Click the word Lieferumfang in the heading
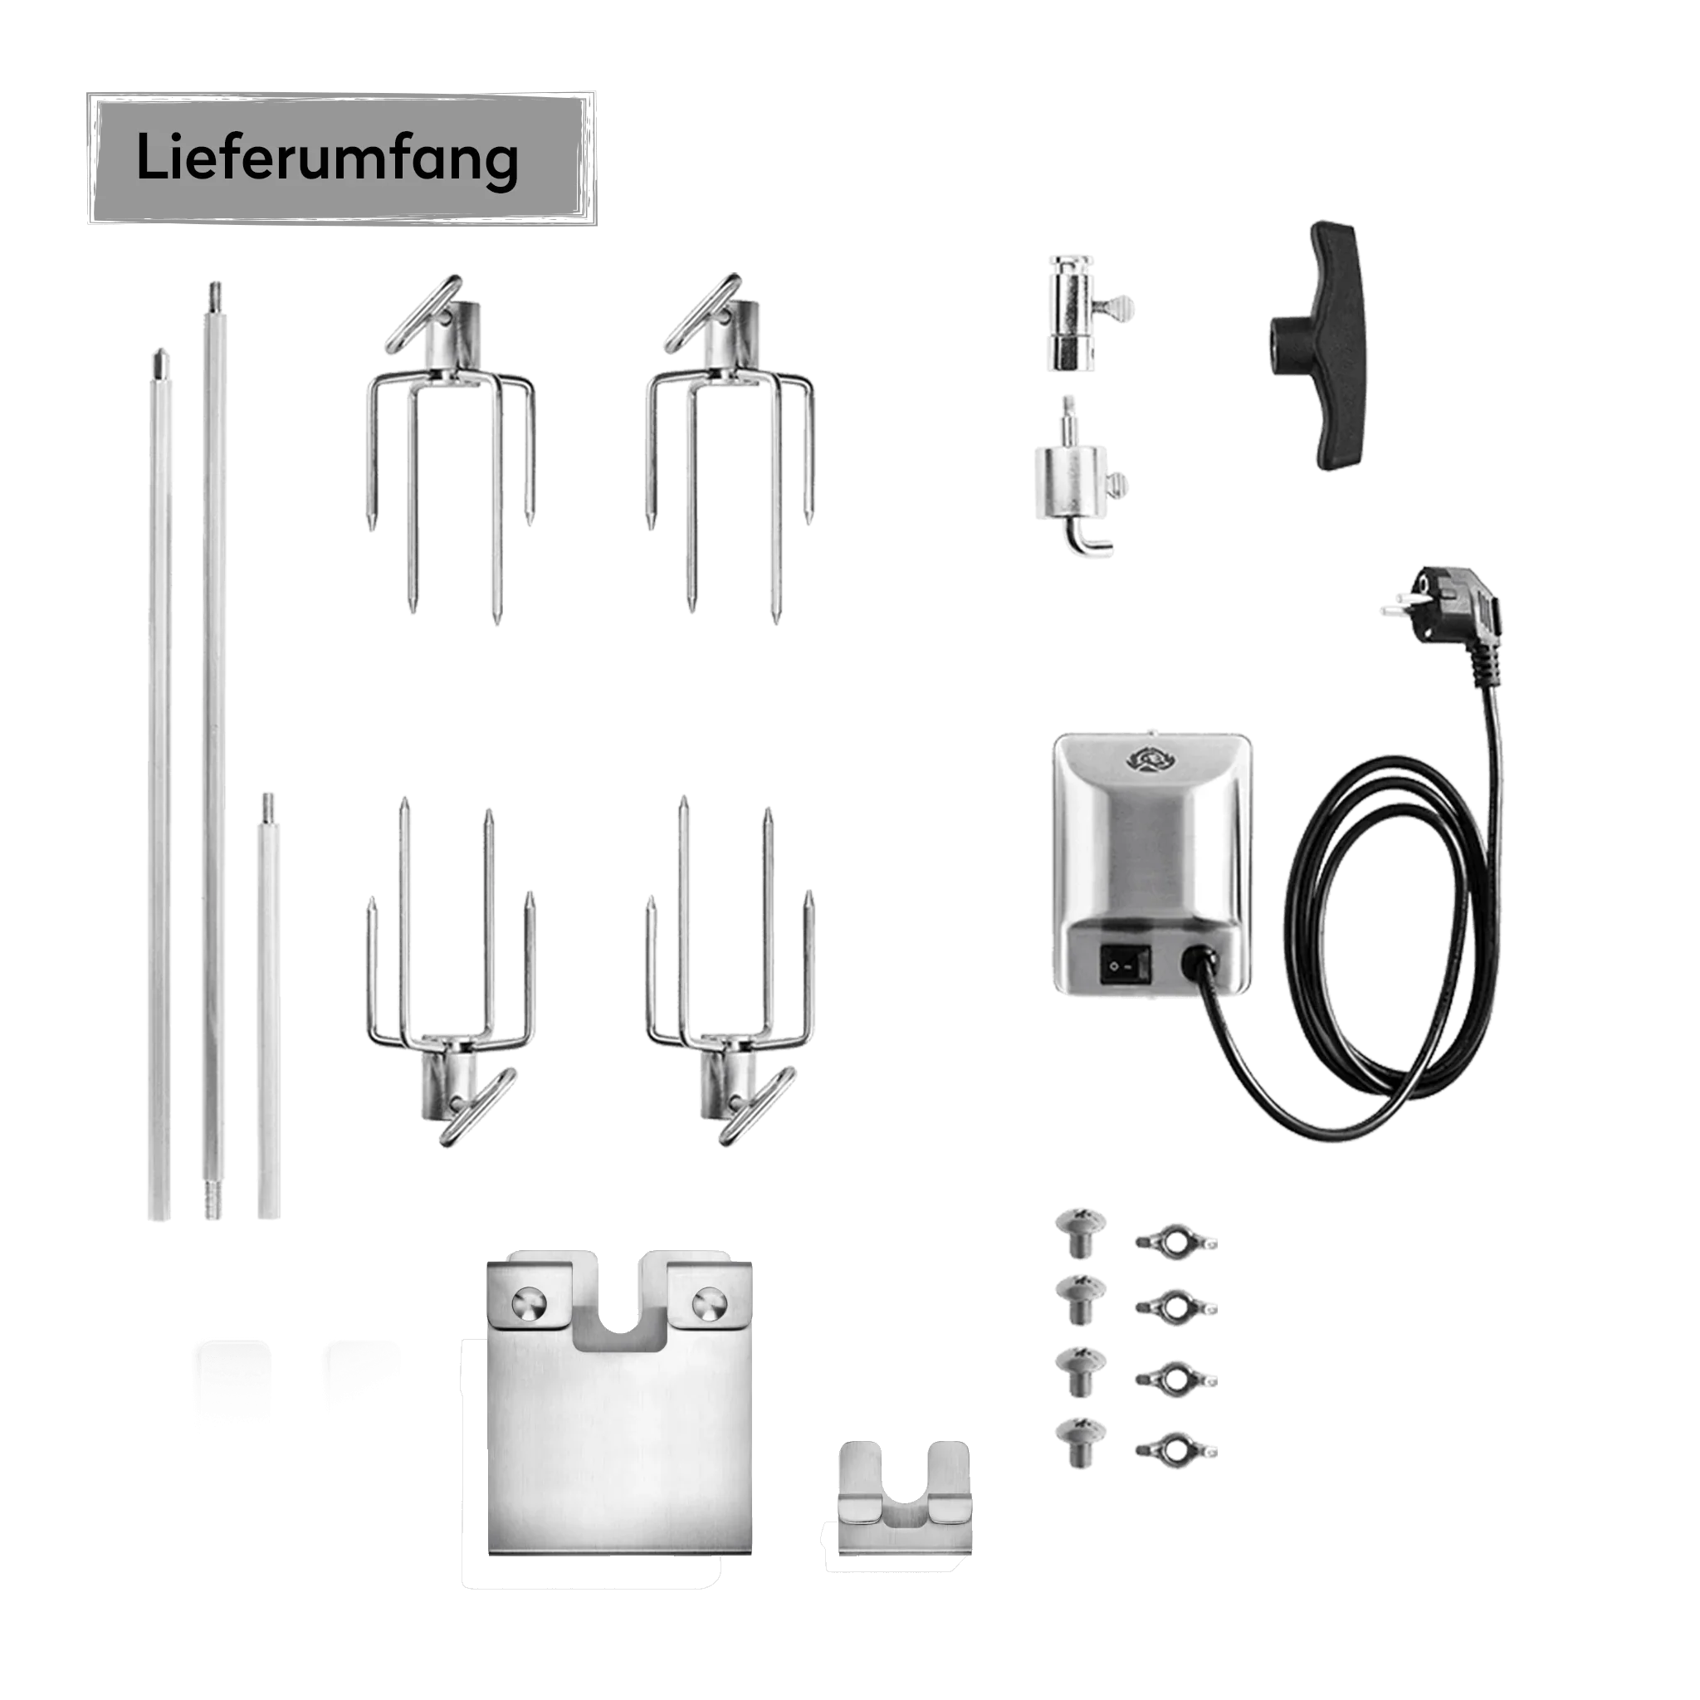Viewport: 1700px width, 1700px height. [326, 159]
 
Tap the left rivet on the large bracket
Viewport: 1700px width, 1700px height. [530, 1303]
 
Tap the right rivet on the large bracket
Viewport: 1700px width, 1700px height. [709, 1303]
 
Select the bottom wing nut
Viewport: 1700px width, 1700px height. [1176, 1449]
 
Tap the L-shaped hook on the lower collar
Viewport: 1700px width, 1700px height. [1089, 538]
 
